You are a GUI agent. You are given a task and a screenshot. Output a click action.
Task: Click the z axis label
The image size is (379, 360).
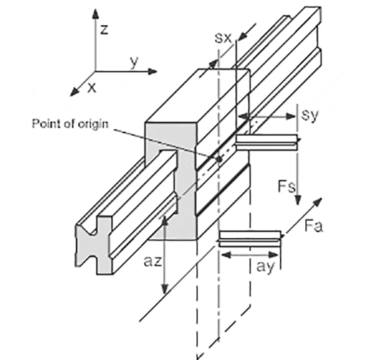(x=104, y=29)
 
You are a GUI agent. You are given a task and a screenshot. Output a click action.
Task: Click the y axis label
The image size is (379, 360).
(x=134, y=62)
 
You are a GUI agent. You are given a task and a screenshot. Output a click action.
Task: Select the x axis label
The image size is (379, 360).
(x=92, y=88)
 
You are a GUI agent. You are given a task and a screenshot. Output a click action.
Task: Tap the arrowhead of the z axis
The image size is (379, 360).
(x=96, y=14)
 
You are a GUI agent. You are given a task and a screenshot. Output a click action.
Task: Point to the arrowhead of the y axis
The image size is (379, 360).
(x=152, y=71)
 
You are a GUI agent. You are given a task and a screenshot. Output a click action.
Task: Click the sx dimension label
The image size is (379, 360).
(x=223, y=38)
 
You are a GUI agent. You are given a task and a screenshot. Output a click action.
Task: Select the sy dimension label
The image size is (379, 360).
(x=310, y=116)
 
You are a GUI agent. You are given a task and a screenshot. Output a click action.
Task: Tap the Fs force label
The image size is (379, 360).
(x=287, y=186)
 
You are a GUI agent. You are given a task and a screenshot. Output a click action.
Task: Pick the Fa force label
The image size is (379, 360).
(x=313, y=226)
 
